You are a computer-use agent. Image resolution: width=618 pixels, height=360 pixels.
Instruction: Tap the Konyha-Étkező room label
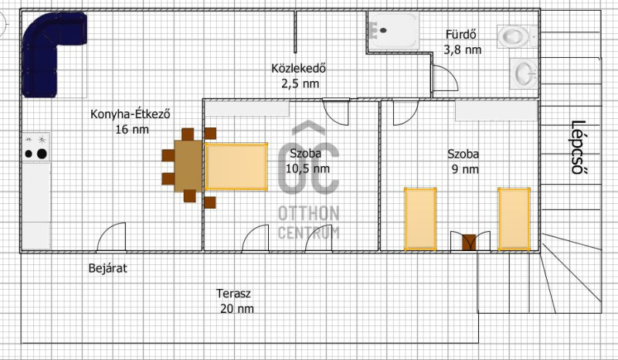(x=130, y=114)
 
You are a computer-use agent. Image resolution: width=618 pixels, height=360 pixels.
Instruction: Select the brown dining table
(x=188, y=165)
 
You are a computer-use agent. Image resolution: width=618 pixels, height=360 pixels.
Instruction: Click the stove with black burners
(x=36, y=147)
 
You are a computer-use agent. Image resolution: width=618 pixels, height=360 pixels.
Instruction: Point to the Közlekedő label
(x=299, y=68)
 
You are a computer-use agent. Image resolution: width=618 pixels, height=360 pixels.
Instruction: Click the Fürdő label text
(x=460, y=35)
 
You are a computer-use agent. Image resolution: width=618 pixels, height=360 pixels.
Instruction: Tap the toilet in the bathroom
(x=516, y=36)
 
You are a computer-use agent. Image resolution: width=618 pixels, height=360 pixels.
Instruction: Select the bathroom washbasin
(x=524, y=73)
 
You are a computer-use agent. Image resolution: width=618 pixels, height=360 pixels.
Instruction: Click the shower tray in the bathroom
(x=393, y=31)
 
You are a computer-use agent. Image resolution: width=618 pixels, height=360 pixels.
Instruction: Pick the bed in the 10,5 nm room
(x=236, y=167)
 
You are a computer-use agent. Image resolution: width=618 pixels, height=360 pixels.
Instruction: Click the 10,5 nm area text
(x=307, y=168)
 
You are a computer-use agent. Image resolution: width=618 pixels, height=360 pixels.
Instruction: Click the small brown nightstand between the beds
(x=469, y=242)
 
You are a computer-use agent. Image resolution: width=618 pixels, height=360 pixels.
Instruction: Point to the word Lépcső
(x=578, y=147)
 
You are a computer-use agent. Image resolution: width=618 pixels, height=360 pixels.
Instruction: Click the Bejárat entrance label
(x=107, y=269)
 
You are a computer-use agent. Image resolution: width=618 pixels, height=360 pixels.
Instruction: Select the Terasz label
(x=233, y=294)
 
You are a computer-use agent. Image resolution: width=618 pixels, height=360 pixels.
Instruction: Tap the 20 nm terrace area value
(x=237, y=308)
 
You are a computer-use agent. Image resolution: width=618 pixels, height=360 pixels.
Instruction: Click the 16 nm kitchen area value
(x=132, y=129)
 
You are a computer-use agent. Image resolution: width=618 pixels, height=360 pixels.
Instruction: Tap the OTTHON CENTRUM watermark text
(x=308, y=222)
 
